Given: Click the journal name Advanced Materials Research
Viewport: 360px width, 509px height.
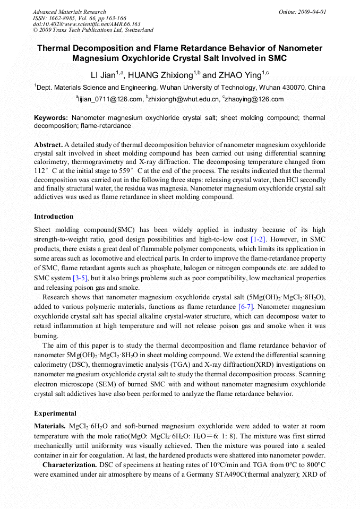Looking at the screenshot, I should (69, 12).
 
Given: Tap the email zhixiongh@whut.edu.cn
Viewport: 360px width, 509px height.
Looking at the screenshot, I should (184, 99).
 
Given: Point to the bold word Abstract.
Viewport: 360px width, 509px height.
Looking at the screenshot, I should (48, 144).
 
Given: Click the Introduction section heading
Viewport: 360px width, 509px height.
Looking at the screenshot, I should (54, 217).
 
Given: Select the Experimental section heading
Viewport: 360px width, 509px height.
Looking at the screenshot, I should (55, 413).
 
